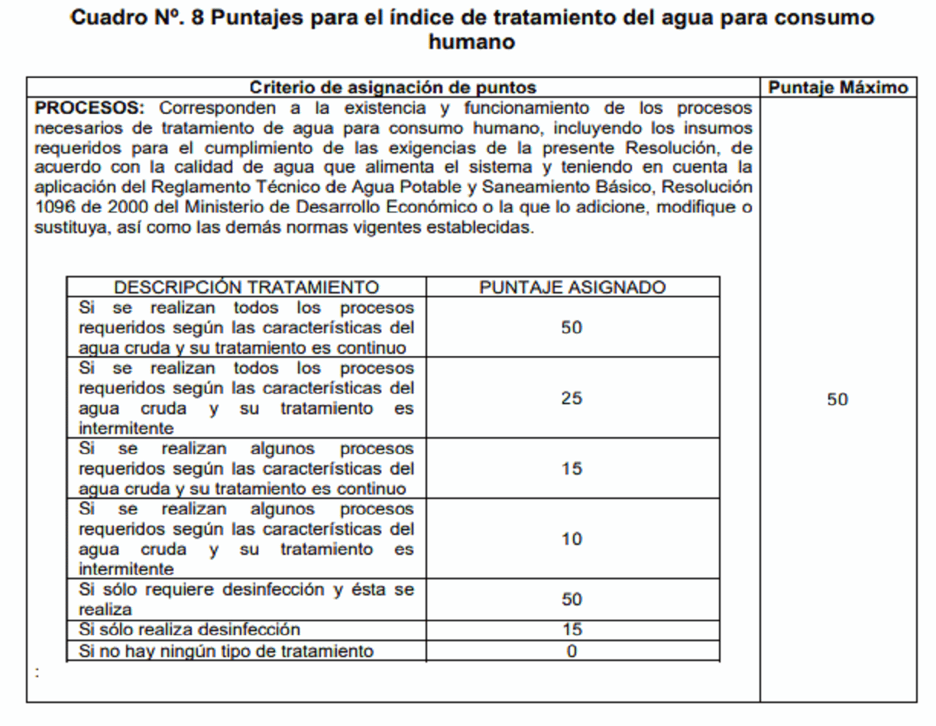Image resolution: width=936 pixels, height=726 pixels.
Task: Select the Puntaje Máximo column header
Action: [838, 88]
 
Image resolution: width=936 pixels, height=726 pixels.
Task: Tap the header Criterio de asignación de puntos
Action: [393, 88]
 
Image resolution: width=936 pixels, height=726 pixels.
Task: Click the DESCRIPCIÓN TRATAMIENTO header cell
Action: [246, 287]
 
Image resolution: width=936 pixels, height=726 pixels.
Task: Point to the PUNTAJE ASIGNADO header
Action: [572, 287]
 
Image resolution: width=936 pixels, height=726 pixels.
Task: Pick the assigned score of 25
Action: [572, 398]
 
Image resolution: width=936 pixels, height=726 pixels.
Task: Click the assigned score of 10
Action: [572, 539]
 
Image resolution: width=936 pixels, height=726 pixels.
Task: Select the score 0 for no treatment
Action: [572, 651]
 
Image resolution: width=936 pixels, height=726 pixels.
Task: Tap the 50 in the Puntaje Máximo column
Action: [837, 400]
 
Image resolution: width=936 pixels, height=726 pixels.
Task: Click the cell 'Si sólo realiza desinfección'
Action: [190, 630]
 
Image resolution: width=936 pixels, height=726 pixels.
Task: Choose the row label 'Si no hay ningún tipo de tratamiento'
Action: [227, 651]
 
